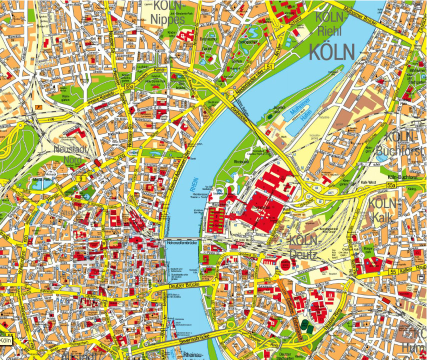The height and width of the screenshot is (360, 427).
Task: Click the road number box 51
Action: coord(269,66)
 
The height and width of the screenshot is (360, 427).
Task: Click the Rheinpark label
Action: coord(242,161)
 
